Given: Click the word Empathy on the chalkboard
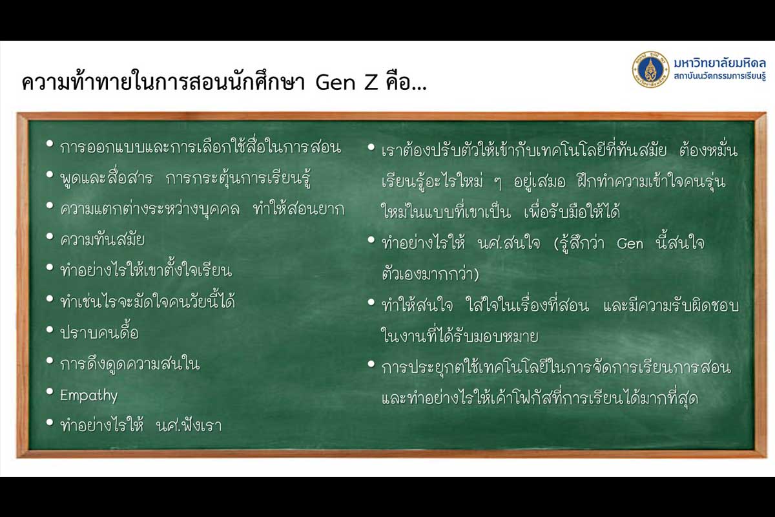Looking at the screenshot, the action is click(89, 396).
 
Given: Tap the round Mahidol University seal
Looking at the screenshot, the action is click(651, 70).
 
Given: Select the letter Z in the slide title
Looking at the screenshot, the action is click(371, 83).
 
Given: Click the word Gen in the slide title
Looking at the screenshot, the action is click(335, 83).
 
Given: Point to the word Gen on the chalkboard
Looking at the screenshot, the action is click(630, 244).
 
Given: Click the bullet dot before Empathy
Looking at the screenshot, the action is click(50, 392).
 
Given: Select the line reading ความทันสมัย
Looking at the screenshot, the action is click(103, 240).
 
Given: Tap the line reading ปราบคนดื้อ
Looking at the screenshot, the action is click(99, 332).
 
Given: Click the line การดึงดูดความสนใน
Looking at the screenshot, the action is click(130, 364).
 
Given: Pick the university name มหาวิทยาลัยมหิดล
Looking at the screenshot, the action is click(719, 63).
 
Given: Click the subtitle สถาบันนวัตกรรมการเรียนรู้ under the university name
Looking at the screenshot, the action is click(719, 76).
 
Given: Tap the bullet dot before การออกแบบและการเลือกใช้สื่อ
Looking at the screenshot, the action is click(50, 143).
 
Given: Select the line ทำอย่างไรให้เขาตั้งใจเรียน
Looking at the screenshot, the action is click(146, 270).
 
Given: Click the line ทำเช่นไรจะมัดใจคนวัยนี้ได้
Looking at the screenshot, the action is click(148, 301).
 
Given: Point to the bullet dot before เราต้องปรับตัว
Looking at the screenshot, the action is click(371, 147).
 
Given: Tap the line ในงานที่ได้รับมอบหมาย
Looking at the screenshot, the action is click(460, 336).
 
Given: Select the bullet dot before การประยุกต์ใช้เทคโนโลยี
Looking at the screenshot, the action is click(371, 364).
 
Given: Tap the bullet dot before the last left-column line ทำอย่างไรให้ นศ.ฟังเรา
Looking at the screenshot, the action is click(50, 422).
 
